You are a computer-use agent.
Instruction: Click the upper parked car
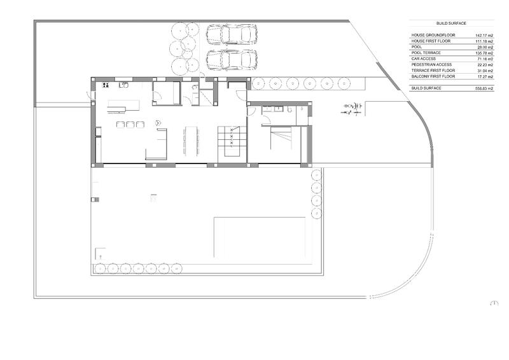coord(232,34)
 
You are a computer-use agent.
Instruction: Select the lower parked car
coord(232,60)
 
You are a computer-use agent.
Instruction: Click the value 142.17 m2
coord(484,36)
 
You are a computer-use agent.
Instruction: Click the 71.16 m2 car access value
coord(485,59)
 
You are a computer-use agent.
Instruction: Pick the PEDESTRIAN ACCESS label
coord(431,64)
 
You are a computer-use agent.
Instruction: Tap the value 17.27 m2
coord(485,76)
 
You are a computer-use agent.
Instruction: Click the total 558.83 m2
coord(484,88)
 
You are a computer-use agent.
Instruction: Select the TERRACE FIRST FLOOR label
coord(433,70)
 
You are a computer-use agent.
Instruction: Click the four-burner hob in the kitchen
coord(106,85)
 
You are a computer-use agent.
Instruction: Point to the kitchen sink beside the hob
coord(125,84)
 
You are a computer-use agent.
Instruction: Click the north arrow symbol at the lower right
coord(494,303)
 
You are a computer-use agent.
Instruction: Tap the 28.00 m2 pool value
coord(485,47)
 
